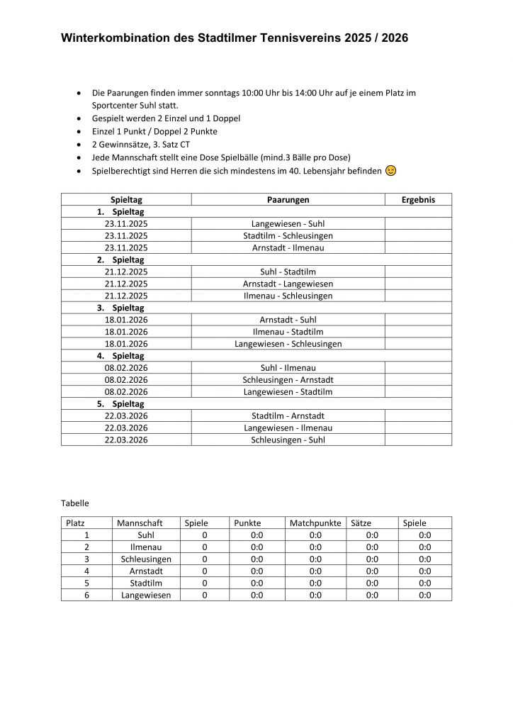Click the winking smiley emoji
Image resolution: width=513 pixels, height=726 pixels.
(391, 171)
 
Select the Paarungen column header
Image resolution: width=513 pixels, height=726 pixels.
(288, 200)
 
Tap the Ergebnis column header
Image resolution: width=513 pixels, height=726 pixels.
(418, 200)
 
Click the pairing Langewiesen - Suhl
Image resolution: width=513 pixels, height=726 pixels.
(288, 224)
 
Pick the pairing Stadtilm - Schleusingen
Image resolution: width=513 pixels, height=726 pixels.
(288, 236)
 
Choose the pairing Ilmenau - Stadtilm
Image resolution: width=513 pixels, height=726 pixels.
(288, 332)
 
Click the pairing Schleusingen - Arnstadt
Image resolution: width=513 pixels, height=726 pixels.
(288, 380)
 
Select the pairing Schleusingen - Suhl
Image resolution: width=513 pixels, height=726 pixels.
(288, 440)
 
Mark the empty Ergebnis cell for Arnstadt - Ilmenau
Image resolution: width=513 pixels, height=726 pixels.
(418, 248)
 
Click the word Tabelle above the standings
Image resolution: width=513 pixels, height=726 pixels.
(75, 503)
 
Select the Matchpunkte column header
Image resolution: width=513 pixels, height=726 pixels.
(315, 523)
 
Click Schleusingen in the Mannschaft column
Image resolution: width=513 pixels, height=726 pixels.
(146, 559)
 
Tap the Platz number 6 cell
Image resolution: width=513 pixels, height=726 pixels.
(86, 596)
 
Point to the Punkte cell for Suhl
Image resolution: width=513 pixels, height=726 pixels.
(256, 535)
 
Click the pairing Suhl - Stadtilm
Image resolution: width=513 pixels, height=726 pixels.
(288, 272)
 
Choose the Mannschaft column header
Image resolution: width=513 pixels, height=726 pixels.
(140, 523)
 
